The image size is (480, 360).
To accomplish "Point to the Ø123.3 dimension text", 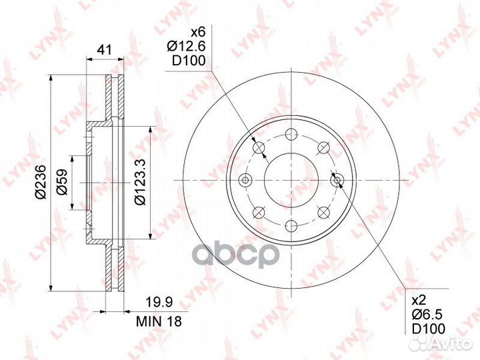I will coord(141,181).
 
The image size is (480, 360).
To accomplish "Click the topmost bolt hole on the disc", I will coord(292,135).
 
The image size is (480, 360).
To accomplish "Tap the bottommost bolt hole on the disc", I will coord(292,225).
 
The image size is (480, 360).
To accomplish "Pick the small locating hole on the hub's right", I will coord(337,179).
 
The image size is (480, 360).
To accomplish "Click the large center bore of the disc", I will coord(292,180).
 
